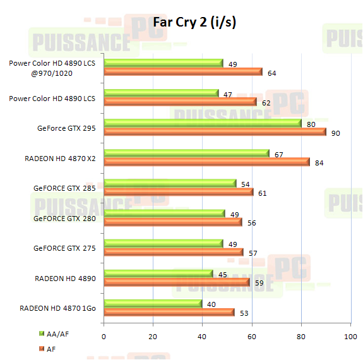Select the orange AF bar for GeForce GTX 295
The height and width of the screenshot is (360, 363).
pyautogui.click(x=215, y=131)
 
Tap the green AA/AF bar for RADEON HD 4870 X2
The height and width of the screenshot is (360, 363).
pyautogui.click(x=186, y=153)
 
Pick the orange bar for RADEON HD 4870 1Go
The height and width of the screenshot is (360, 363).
pyautogui.click(x=169, y=312)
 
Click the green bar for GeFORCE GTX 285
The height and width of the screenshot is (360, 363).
pyautogui.click(x=170, y=184)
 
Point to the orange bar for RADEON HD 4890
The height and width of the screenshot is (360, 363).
pyautogui.click(x=176, y=282)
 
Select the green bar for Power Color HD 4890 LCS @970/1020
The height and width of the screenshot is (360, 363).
pyautogui.click(x=164, y=63)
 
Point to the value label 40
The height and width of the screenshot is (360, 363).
pyautogui.click(x=211, y=304)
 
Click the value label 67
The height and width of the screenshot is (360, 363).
pyautogui.click(x=278, y=153)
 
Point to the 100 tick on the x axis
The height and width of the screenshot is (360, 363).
pyautogui.click(x=350, y=337)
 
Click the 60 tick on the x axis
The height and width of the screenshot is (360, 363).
pyautogui.click(x=252, y=337)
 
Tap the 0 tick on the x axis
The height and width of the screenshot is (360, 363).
pyautogui.click(x=104, y=337)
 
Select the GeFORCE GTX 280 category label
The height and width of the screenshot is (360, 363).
pyautogui.click(x=64, y=219)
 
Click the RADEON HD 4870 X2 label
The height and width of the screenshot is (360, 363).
pyautogui.click(x=61, y=158)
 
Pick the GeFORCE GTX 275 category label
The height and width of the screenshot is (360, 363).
pyautogui.click(x=64, y=248)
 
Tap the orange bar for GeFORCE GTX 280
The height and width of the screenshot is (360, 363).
pyautogui.click(x=172, y=222)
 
